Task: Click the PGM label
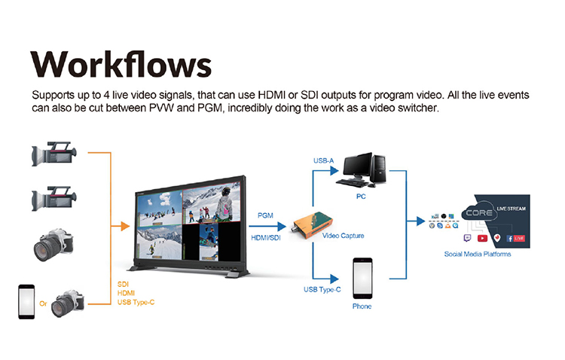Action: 265,215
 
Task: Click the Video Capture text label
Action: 344,236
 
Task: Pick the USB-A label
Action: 324,161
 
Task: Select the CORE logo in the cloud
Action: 478,213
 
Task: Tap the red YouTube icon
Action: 482,238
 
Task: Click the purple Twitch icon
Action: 467,238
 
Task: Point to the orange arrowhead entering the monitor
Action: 124,224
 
